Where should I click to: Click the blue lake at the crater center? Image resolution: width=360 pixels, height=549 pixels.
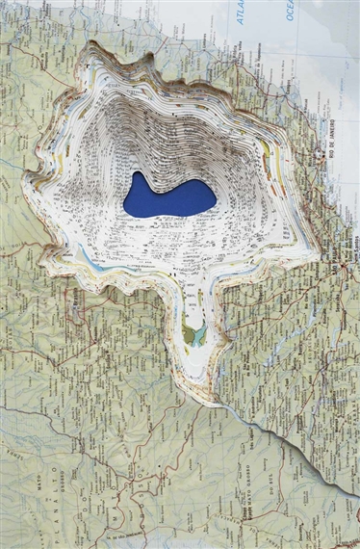pos(168,197)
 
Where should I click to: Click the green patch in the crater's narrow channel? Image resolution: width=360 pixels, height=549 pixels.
pos(196,336)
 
